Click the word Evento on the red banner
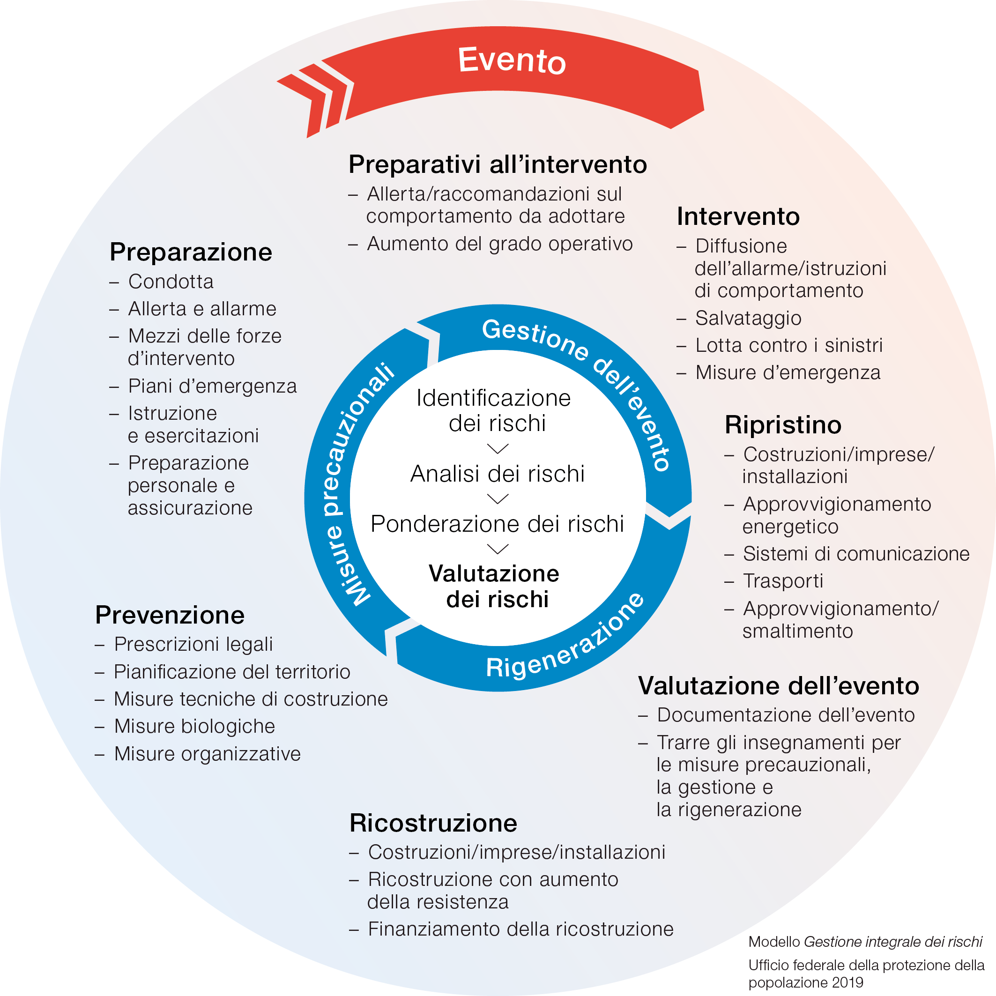click(x=512, y=60)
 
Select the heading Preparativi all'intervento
click(x=498, y=164)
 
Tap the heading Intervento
click(x=738, y=216)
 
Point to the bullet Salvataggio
click(x=748, y=318)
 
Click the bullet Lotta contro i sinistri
click(x=788, y=345)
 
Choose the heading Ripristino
click(x=782, y=425)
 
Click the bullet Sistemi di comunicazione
click(x=856, y=554)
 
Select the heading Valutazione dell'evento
click(x=779, y=686)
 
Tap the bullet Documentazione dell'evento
click(x=785, y=715)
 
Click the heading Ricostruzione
click(x=433, y=823)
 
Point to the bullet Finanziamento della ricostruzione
click(x=520, y=929)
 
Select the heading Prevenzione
click(x=170, y=615)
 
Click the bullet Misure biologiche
click(x=194, y=726)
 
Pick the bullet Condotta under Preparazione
click(x=171, y=282)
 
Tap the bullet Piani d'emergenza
click(x=212, y=386)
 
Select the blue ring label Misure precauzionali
click(x=356, y=484)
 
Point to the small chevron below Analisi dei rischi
click(x=498, y=498)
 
